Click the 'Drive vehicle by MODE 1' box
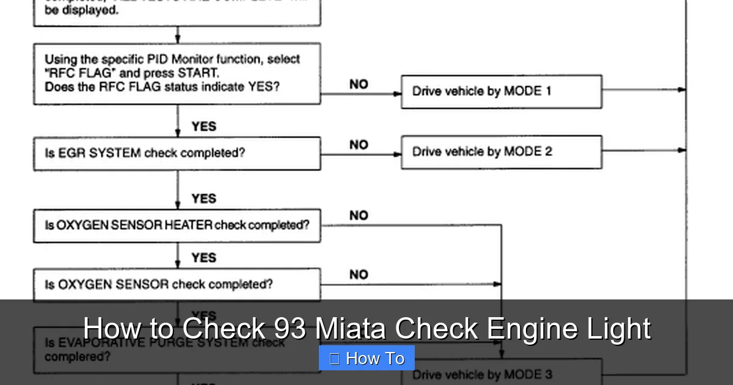pos(501,92)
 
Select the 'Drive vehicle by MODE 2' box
pos(501,152)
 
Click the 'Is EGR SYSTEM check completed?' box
pos(177,153)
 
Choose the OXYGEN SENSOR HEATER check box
pos(177,226)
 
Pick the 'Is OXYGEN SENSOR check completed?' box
pos(177,285)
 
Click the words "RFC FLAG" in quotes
pos(74,73)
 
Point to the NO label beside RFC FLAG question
pos(359,84)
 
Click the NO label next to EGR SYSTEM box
pos(359,145)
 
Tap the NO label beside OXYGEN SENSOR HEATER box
pos(359,216)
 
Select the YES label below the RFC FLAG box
pos(203,127)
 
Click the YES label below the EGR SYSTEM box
pos(203,199)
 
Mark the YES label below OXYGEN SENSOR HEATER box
pos(203,258)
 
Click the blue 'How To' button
pos(366,359)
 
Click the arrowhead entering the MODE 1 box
pos(398,94)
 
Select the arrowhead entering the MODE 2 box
pos(398,154)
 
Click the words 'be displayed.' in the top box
pos(81,11)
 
